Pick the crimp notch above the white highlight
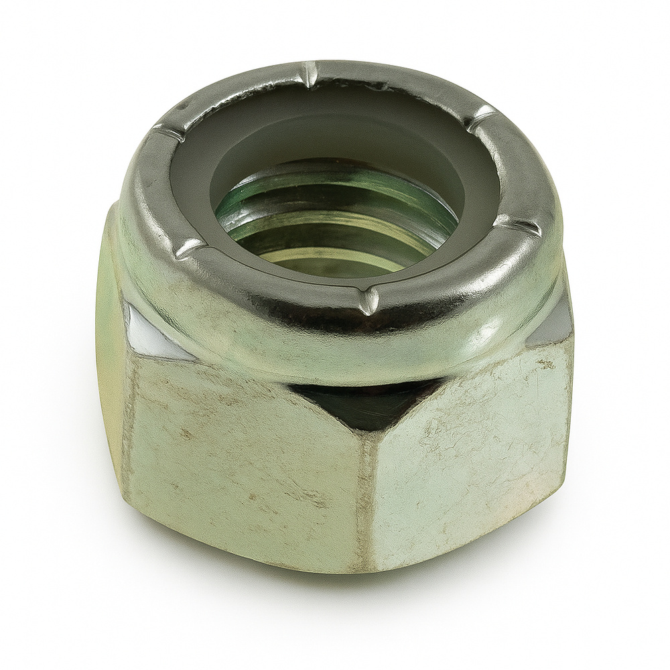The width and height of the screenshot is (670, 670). [190, 249]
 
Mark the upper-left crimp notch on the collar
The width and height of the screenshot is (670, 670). [167, 132]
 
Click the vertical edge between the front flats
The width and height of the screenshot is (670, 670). [365, 496]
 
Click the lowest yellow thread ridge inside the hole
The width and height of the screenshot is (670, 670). [335, 258]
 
